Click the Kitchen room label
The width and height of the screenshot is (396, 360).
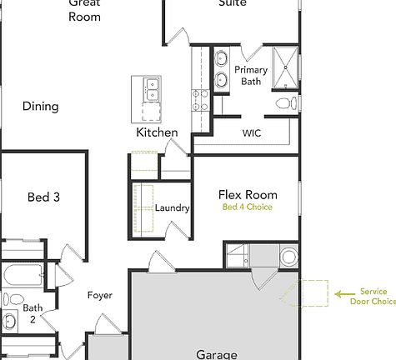(x=157, y=132)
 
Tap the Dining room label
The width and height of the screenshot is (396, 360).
(x=40, y=106)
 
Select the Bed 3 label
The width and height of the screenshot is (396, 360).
(x=43, y=197)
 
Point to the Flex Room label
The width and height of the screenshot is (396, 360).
(x=247, y=194)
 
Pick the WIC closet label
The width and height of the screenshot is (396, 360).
(x=252, y=132)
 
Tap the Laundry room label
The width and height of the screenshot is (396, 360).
(x=173, y=208)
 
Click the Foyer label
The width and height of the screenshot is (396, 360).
(x=100, y=295)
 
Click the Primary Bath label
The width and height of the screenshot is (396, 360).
(x=251, y=76)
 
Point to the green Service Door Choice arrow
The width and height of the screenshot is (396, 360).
(x=342, y=293)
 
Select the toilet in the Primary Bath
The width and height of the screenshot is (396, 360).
(x=283, y=104)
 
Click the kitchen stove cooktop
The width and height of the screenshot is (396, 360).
(x=200, y=100)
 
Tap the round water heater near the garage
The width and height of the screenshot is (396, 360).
(x=288, y=256)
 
